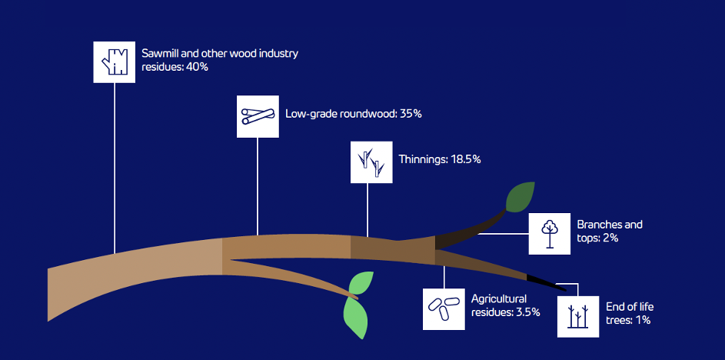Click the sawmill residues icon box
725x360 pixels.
pyautogui.click(x=115, y=62)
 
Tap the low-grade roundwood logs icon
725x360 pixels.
pyautogui.click(x=258, y=117)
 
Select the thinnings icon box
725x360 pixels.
pyautogui.click(x=371, y=162)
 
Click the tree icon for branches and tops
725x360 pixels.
pyautogui.click(x=549, y=234)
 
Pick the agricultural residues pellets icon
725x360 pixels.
pyautogui.click(x=444, y=309)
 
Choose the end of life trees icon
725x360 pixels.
pyautogui.click(x=578, y=316)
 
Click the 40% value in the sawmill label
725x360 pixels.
pyautogui.click(x=197, y=67)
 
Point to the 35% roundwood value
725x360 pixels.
pyautogui.click(x=411, y=114)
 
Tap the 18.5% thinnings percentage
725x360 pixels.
pyautogui.click(x=466, y=160)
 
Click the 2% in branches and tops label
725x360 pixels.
pyautogui.click(x=610, y=238)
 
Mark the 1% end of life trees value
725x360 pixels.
pyautogui.click(x=642, y=320)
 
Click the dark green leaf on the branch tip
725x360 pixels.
pyautogui.click(x=520, y=197)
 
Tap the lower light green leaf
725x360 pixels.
pyautogui.click(x=356, y=318)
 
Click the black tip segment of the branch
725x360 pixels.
pyautogui.click(x=546, y=283)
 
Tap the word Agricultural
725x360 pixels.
pyautogui.click(x=499, y=298)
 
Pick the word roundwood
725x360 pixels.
pyautogui.click(x=368, y=114)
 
